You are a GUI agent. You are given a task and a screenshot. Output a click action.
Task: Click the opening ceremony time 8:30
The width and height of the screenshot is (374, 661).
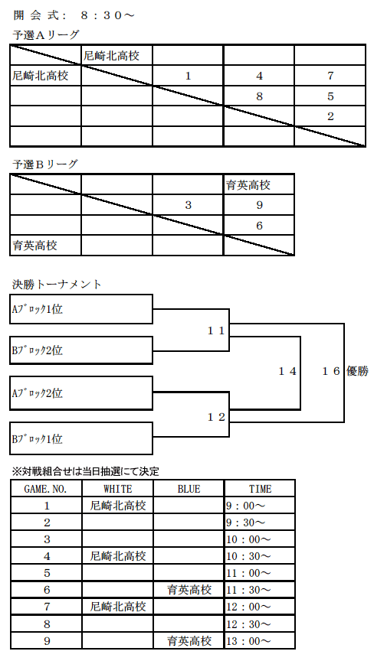(x=100, y=15)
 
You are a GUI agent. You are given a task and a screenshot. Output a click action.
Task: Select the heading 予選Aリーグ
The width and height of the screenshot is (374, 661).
(x=45, y=35)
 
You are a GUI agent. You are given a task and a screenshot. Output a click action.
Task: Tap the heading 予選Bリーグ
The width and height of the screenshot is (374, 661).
(x=45, y=164)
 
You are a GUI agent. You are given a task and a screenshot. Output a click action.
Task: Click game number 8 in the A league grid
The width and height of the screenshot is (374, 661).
(x=259, y=96)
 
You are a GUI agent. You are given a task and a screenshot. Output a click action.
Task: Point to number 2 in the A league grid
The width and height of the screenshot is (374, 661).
(x=330, y=116)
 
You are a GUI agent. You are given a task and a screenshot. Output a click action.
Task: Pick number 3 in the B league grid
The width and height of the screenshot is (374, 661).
(x=189, y=205)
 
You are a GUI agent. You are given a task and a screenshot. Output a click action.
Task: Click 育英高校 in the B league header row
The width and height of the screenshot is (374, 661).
(x=248, y=184)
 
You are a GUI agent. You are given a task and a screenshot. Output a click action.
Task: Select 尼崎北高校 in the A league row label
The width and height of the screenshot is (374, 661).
(x=40, y=76)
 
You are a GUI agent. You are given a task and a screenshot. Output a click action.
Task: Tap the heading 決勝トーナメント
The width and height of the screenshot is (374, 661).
(x=57, y=285)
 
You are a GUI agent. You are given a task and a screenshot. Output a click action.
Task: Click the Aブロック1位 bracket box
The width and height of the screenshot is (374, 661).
(x=81, y=309)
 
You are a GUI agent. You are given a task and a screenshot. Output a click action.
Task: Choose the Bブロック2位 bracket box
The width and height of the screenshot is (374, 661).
(x=81, y=350)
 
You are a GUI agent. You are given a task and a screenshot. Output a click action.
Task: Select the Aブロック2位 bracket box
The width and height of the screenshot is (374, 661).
(x=81, y=393)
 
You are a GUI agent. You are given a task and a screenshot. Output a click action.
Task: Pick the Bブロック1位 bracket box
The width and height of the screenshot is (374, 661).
(x=81, y=439)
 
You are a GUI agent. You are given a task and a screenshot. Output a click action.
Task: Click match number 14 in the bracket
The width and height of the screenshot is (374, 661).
(x=287, y=371)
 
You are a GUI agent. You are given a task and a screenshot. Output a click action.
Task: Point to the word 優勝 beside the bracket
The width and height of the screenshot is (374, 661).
(x=357, y=371)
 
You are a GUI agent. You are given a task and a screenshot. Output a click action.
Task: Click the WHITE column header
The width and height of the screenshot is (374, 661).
(x=118, y=489)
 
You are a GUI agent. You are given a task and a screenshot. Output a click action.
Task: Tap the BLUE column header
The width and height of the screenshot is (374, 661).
(x=189, y=489)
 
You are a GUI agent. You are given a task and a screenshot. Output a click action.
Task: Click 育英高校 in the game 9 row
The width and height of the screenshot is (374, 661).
(x=189, y=641)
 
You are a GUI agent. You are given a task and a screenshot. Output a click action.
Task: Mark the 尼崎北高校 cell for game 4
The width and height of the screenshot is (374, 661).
(x=118, y=556)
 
